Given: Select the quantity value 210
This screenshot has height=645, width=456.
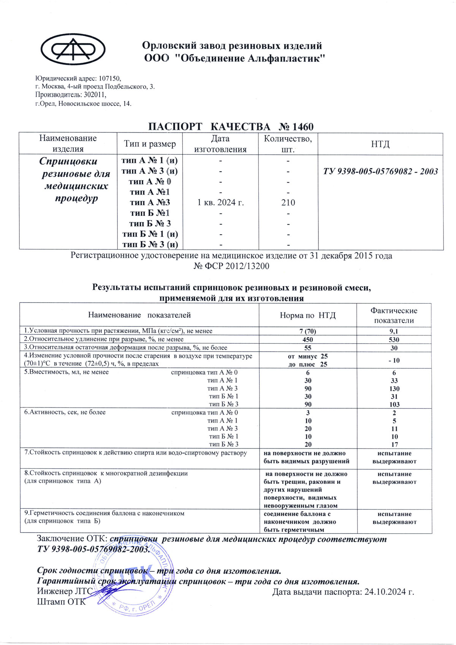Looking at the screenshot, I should (x=288, y=203).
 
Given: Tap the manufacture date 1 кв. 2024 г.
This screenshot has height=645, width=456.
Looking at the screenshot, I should (x=220, y=203).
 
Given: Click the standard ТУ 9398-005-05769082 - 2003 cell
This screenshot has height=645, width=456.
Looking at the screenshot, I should (x=380, y=171).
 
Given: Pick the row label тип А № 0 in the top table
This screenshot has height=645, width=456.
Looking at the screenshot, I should (x=150, y=182).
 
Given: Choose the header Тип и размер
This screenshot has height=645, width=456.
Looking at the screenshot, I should (x=150, y=144).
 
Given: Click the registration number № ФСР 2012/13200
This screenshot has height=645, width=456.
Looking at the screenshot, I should (x=231, y=266).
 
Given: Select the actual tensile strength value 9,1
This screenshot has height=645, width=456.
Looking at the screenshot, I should (x=394, y=331).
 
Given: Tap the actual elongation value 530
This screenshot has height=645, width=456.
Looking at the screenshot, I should (x=394, y=339).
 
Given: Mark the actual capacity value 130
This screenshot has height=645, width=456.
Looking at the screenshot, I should (x=394, y=388).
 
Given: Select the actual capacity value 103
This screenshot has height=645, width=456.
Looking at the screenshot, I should (x=394, y=404).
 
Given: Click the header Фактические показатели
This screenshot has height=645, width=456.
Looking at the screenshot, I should (x=394, y=315).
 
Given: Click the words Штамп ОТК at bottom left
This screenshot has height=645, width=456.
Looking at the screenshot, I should (x=61, y=602).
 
